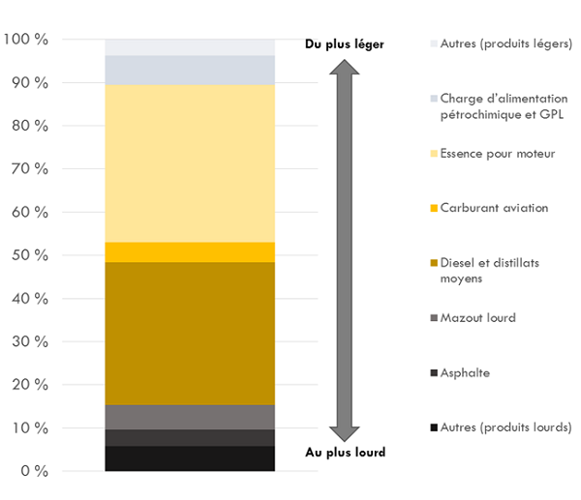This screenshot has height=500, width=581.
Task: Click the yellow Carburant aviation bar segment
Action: pyautogui.click(x=190, y=252)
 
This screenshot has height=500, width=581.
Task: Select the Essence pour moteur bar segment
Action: pyautogui.click(x=190, y=163)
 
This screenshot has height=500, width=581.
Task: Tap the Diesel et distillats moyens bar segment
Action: pyautogui.click(x=190, y=334)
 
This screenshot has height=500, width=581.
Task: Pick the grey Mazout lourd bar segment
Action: pyautogui.click(x=190, y=417)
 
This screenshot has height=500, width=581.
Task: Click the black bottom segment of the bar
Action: pyautogui.click(x=190, y=458)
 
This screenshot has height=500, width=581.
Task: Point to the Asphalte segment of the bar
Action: pyautogui.click(x=190, y=437)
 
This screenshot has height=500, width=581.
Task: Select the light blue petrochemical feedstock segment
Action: pyautogui.click(x=190, y=71)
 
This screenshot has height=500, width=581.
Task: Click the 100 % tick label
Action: pyautogui.click(x=26, y=40)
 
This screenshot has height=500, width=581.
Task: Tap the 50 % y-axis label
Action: pyautogui.click(x=30, y=255)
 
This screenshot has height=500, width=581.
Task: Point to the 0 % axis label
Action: pyautogui.click(x=34, y=471)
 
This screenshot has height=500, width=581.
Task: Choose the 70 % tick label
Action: pyautogui.click(x=30, y=169)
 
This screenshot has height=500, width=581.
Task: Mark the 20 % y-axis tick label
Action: pyautogui.click(x=30, y=385)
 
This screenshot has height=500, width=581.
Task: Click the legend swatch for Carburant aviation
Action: pyautogui.click(x=433, y=208)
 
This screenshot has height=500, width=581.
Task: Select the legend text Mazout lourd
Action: pyautogui.click(x=477, y=317)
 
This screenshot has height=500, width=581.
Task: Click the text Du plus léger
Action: pyautogui.click(x=344, y=44)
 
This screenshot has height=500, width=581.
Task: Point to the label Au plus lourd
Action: pyautogui.click(x=345, y=453)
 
